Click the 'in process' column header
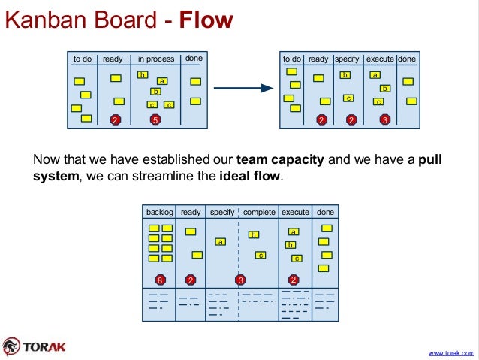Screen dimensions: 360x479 pos(156,59)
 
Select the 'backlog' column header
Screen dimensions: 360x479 pos(159,213)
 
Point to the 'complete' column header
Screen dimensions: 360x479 pos(259,213)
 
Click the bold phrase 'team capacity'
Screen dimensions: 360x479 pos(281,160)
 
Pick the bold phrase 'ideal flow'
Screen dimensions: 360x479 pos(250,177)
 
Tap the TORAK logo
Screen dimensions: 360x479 pos(36,346)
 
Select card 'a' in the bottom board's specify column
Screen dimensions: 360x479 pos(220,241)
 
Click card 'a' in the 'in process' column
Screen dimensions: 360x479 pos(161,80)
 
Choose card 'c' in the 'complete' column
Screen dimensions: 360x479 pos(261,255)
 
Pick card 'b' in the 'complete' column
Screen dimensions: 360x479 pos(254,234)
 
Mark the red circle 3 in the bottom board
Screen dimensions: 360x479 pos(240,280)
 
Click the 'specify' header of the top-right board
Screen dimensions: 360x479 pos(347,59)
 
